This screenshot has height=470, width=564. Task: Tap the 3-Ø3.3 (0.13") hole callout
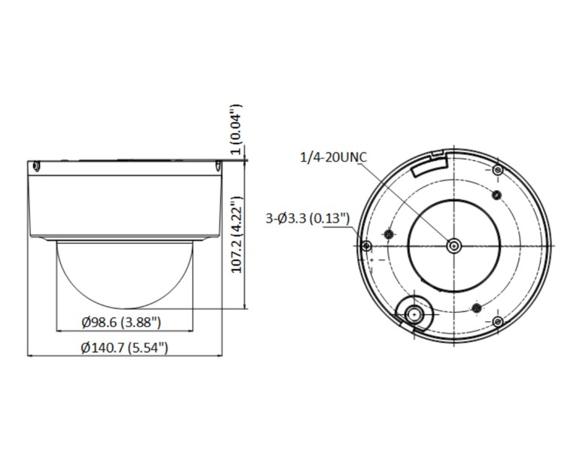[x=308, y=218]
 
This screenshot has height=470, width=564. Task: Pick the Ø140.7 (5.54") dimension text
[x=124, y=347]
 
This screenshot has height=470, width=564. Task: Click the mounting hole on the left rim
[x=365, y=246]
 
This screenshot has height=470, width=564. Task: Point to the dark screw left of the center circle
[x=388, y=235]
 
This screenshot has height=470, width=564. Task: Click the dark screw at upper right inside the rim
[x=496, y=196]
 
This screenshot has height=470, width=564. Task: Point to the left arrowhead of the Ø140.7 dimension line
[x=29, y=356]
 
